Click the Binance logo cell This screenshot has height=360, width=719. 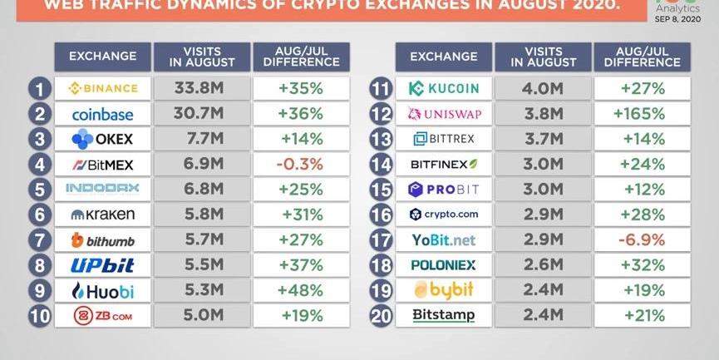coord(103,88)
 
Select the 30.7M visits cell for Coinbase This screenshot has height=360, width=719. coord(202,113)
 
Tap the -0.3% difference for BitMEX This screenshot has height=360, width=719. coord(301,164)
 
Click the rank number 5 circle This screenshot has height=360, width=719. coord(39,190)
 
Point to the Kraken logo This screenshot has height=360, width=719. coord(103,215)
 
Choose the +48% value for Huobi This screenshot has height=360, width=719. coord(301,290)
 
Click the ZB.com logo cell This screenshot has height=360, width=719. coord(103,315)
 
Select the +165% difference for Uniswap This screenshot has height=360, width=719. coord(642,113)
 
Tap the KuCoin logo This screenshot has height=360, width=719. coord(444,88)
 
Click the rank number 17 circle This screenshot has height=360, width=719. coord(381,240)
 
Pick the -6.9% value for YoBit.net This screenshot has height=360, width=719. coord(642,239)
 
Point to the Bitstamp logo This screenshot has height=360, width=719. coord(444,315)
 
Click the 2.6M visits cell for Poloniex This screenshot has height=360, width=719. coord(544,265)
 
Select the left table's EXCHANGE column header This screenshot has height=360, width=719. coord(103,57)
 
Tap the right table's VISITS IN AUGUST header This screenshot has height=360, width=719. coord(544,57)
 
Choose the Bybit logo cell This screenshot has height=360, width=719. coord(444,290)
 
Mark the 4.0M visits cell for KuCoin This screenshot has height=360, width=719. coord(544,88)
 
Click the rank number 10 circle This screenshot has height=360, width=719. coord(39,316)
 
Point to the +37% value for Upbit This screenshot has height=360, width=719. coord(301,265)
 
